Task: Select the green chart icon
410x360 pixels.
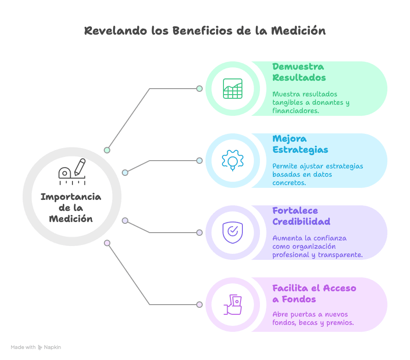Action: tap(233, 89)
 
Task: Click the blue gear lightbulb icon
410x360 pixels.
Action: tap(233, 161)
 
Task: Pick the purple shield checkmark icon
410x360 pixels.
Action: tap(233, 232)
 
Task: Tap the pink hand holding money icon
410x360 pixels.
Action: tap(233, 305)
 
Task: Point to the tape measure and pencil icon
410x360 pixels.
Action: tap(72, 171)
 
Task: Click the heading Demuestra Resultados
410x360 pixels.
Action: tap(298, 72)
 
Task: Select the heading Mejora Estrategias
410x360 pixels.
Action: tap(300, 144)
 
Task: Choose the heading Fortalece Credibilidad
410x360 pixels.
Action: tap(301, 216)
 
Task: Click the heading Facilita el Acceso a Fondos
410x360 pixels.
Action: tap(314, 294)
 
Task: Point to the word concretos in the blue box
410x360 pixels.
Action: tap(289, 183)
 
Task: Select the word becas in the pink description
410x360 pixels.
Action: tap(308, 323)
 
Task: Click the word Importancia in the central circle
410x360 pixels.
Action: tap(71, 197)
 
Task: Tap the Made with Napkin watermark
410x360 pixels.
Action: tap(36, 347)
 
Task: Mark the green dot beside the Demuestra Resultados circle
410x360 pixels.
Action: tap(199, 89)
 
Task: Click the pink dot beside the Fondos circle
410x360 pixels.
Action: tap(199, 305)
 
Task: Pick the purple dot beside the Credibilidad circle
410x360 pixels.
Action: tap(199, 233)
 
